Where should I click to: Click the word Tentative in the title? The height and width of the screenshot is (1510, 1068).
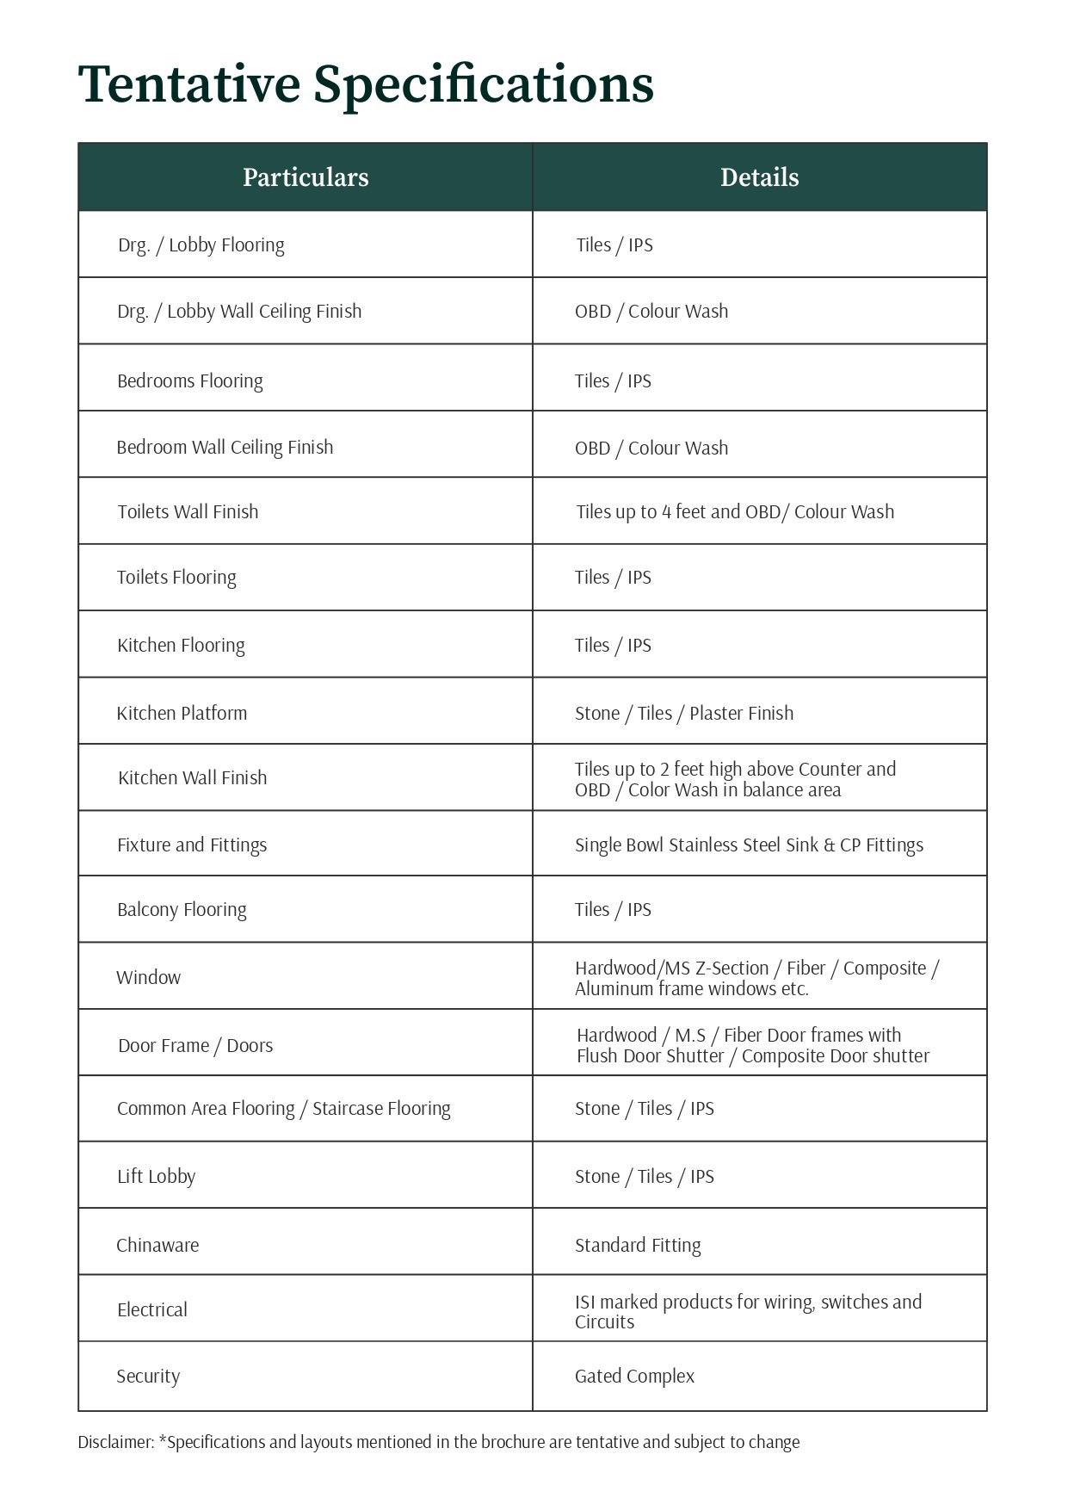pos(188,85)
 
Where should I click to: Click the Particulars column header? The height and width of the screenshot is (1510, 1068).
pos(306,177)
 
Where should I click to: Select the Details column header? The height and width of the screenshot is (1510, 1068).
pos(759,177)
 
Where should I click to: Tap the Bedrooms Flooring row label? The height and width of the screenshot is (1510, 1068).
pos(190,381)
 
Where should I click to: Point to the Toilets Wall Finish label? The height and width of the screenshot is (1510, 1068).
pos(188,512)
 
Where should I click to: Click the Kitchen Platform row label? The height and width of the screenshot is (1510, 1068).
pos(182,714)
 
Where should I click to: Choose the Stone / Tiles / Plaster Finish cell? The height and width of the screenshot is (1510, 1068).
pos(684,714)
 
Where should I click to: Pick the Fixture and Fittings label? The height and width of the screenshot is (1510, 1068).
pos(192,845)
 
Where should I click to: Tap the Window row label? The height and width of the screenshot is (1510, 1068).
pos(149,978)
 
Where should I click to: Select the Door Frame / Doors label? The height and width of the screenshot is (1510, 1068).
pos(195,1046)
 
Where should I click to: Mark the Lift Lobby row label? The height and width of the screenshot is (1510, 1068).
pos(157,1177)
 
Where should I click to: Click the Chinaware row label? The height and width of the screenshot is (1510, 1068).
pos(157,1246)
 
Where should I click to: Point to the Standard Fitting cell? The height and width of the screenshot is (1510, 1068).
pos(638,1246)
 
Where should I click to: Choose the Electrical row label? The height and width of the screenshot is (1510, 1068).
pos(152,1310)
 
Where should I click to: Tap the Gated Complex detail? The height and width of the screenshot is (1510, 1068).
pos(634,1377)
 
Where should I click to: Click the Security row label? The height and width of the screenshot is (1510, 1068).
pos(148,1377)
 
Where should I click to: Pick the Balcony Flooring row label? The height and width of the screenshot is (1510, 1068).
pos(182,910)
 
